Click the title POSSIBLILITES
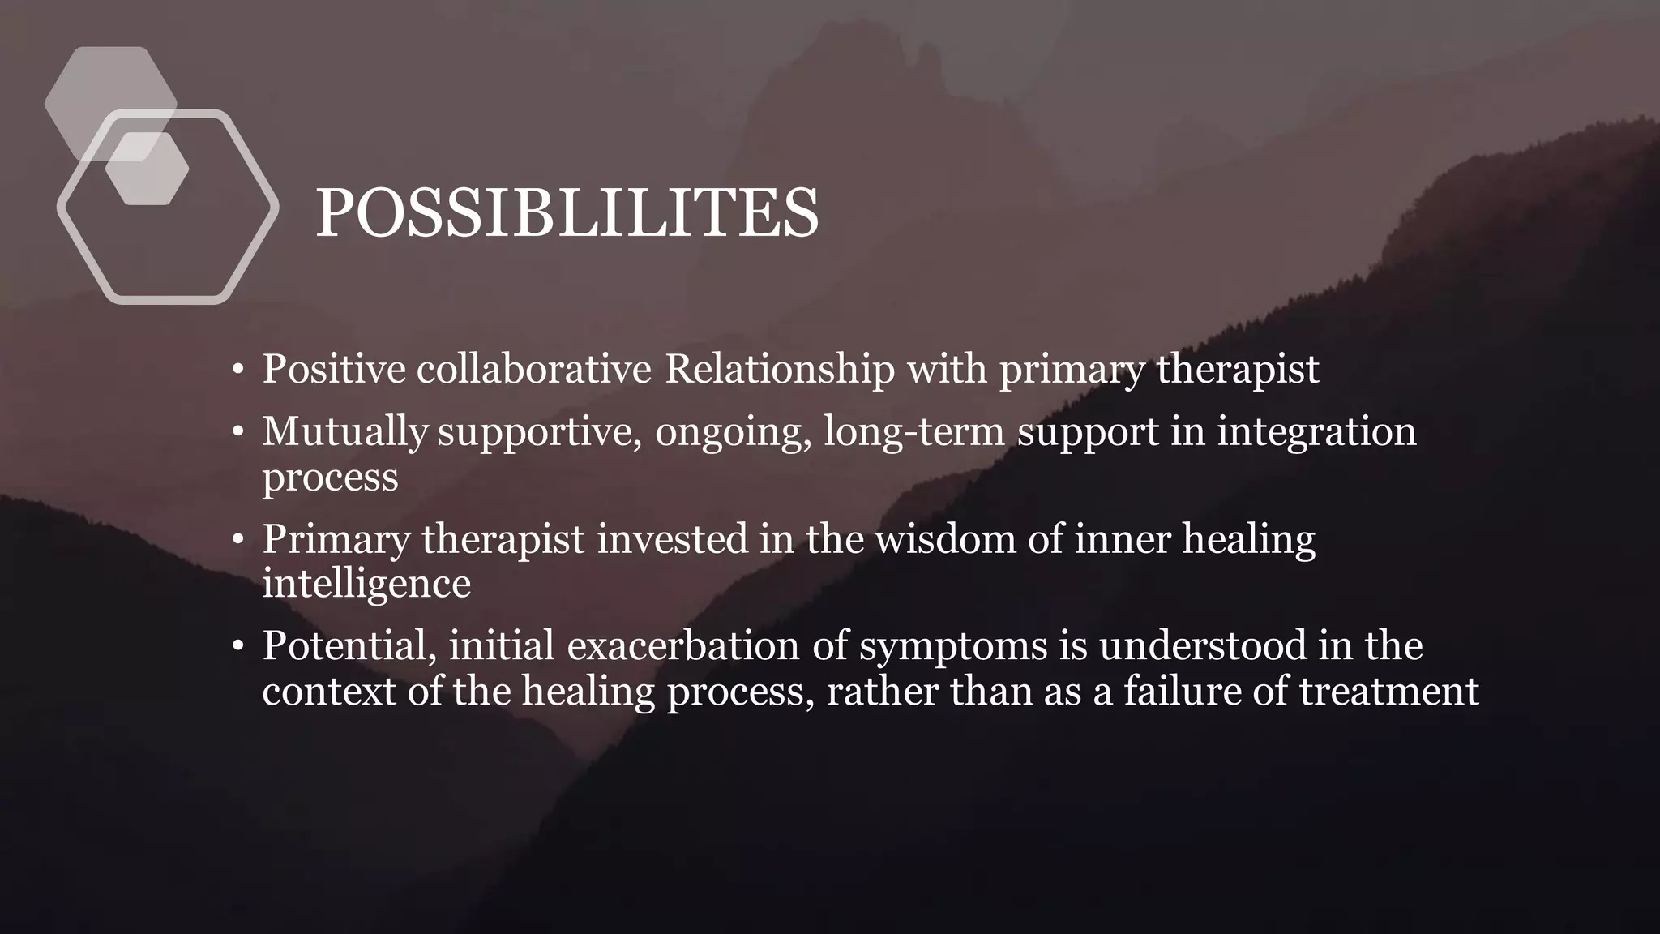567,212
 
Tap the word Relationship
780,369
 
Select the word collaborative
533,369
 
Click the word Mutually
344,431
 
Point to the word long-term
913,431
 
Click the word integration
1316,431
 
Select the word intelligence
366,584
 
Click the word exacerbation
707,646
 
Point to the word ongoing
733,432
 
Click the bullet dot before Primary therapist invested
237,540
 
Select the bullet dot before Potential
237,647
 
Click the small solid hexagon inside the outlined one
148,169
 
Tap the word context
328,692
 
